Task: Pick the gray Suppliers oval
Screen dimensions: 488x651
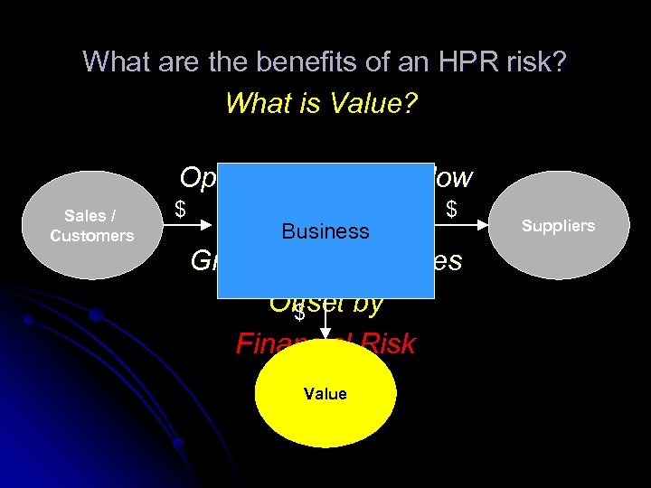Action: pos(559,225)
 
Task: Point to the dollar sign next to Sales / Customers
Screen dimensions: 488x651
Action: pos(180,210)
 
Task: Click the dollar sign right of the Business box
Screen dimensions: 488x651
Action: pos(451,210)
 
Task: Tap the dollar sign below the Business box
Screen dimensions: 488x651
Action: pos(299,314)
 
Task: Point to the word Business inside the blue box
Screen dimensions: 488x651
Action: pos(325,231)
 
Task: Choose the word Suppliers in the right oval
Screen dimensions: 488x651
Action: pos(559,225)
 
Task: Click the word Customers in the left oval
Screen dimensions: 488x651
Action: pos(91,236)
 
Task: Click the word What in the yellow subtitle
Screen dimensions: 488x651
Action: pos(255,103)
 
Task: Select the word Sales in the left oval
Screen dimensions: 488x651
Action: pos(85,216)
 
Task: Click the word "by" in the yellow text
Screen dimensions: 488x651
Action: pos(367,303)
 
